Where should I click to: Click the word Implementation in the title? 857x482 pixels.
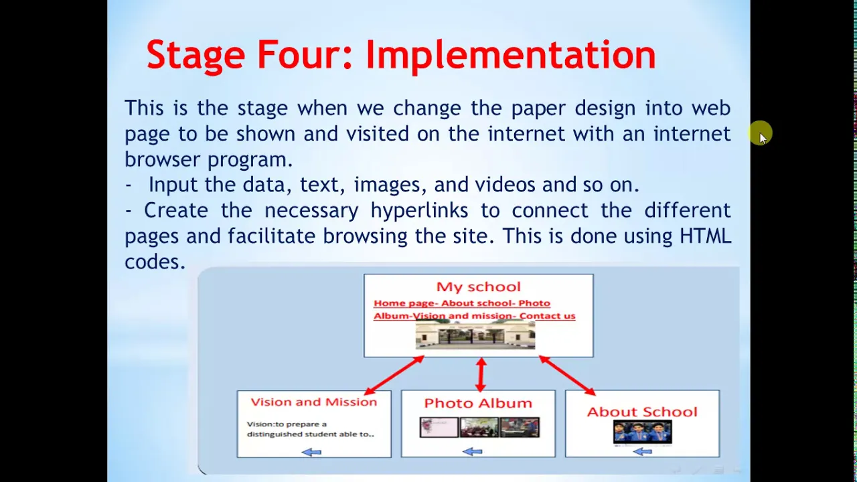[511, 56]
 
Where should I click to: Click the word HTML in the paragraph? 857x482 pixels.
[705, 236]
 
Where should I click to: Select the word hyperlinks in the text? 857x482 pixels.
[419, 210]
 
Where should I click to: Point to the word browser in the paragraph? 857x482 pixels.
[161, 159]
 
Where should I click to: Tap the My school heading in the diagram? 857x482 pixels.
[478, 287]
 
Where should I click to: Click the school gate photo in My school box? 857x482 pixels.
[475, 335]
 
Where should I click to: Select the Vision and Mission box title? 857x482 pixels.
[314, 402]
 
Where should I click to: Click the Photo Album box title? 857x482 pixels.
[478, 403]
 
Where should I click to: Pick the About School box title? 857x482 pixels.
[642, 412]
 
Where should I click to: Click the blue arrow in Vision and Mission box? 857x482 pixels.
[311, 453]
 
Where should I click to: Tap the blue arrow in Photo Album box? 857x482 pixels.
[472, 452]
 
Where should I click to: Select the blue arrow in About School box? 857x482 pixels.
[642, 452]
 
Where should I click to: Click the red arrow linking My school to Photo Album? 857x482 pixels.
[481, 374]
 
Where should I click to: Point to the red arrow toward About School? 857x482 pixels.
[567, 376]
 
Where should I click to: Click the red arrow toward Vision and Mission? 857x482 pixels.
[394, 375]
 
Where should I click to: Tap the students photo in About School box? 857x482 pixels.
[642, 432]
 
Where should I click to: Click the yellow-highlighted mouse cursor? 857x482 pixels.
[761, 133]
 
